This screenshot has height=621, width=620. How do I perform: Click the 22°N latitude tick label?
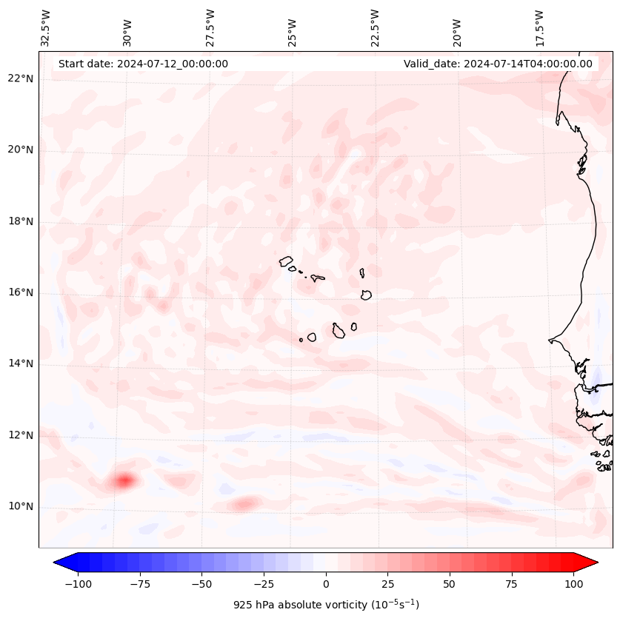[x=21, y=79]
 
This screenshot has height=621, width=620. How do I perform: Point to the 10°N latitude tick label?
[x=21, y=507]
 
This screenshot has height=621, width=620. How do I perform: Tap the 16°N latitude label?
[x=21, y=293]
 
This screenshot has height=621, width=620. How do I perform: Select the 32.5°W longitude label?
[x=46, y=27]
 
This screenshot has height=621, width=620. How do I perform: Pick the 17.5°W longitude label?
[x=539, y=27]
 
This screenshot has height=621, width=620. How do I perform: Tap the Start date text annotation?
[x=143, y=64]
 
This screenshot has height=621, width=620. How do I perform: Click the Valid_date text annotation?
[x=498, y=64]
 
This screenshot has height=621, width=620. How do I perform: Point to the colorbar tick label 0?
[x=325, y=584]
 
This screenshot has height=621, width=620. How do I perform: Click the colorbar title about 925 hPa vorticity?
[x=326, y=605]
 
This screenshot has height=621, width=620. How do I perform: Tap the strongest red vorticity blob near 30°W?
[x=124, y=481]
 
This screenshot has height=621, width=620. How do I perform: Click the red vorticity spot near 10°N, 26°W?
[x=244, y=505]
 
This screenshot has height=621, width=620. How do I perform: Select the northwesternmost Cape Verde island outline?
[x=286, y=261]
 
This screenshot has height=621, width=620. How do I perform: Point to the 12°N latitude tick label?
[x=21, y=435]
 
